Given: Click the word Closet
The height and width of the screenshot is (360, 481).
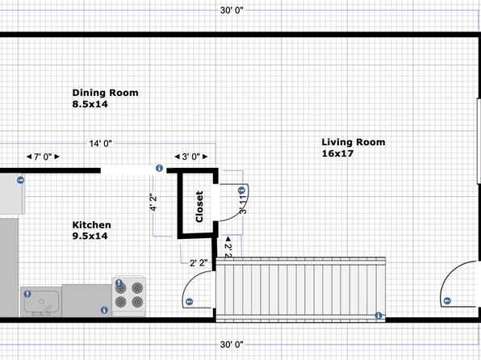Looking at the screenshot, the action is click(x=199, y=207).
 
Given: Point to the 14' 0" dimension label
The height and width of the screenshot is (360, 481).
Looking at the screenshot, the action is click(x=101, y=144).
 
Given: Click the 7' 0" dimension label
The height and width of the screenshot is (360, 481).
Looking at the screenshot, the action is click(x=43, y=157).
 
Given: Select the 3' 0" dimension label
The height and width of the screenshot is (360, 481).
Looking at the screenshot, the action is click(x=191, y=157).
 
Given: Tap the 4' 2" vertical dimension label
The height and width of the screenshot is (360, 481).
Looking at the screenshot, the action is click(x=153, y=203).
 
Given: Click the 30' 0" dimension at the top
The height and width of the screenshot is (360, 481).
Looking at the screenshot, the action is click(x=232, y=10).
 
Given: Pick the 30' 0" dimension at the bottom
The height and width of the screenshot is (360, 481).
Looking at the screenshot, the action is click(x=232, y=345).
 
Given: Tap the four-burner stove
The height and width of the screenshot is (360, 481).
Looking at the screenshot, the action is click(x=129, y=296).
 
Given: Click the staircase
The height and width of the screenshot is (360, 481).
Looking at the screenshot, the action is click(x=300, y=290).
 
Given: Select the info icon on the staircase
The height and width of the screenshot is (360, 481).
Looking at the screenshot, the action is click(x=379, y=316).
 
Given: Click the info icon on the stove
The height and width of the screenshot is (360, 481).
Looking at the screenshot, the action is click(x=119, y=283).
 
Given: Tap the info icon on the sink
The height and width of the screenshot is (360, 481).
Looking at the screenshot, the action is click(x=27, y=294).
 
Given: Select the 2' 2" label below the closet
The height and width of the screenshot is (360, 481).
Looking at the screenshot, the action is click(x=199, y=263).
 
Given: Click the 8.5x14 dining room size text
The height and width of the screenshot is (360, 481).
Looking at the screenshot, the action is click(x=90, y=104).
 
